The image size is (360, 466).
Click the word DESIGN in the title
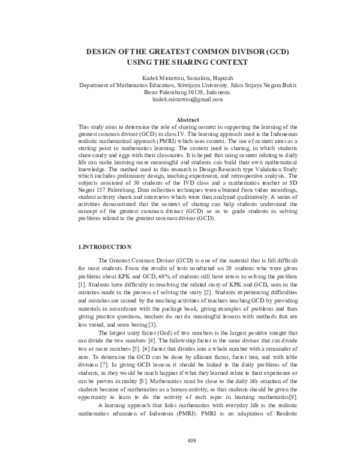click(x=100, y=52)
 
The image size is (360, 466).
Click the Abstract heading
click(x=180, y=120)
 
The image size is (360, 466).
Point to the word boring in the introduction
click(x=139, y=324)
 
